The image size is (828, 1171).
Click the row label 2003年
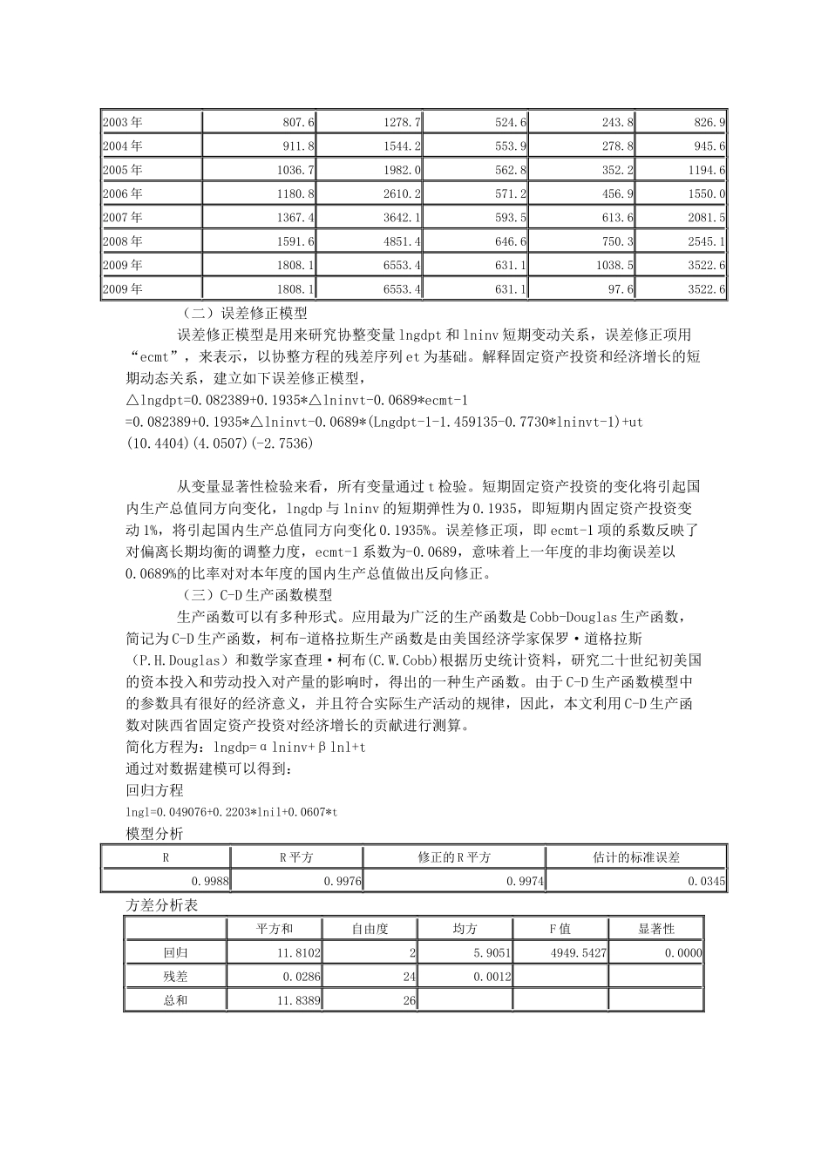pyautogui.click(x=123, y=123)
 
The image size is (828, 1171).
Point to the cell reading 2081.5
pyautogui.click(x=707, y=218)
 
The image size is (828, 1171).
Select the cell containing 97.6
pyautogui.click(x=622, y=288)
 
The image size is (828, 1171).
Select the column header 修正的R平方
pyautogui.click(x=453, y=857)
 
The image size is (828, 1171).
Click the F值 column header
pyautogui.click(x=560, y=930)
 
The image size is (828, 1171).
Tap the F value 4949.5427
pyautogui.click(x=579, y=953)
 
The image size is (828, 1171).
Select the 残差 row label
pyautogui.click(x=175, y=977)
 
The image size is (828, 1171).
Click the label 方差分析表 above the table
pyautogui.click(x=162, y=905)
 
